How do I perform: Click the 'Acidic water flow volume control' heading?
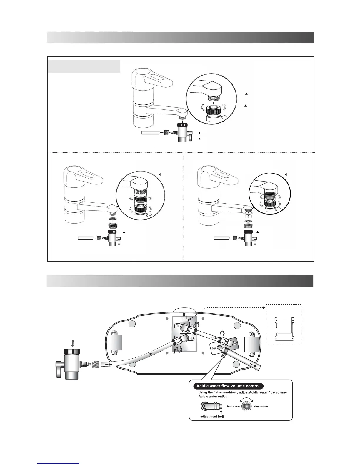[228, 386]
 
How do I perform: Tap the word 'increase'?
[233, 407]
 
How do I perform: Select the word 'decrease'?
[261, 407]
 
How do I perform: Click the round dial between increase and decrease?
[247, 407]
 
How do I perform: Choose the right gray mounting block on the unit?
[252, 346]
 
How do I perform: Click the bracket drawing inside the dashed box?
[284, 328]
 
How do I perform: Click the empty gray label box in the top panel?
[84, 66]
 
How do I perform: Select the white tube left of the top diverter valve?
[151, 133]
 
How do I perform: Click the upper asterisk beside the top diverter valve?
[199, 134]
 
